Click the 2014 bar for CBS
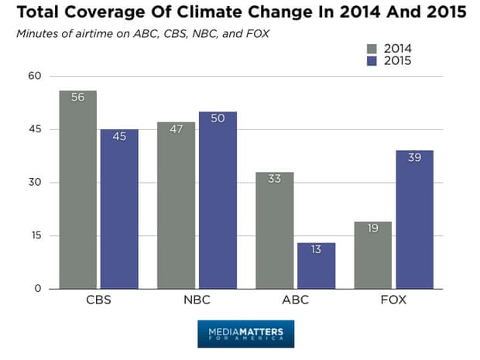78,190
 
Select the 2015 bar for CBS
119,209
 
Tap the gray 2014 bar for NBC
176,205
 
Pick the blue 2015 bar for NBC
218,201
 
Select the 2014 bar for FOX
372,255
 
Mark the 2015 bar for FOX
414,220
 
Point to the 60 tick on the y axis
33,76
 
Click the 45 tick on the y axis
33,129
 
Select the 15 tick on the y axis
33,236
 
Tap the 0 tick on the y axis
36,290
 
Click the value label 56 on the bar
78,98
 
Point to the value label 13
316,250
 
